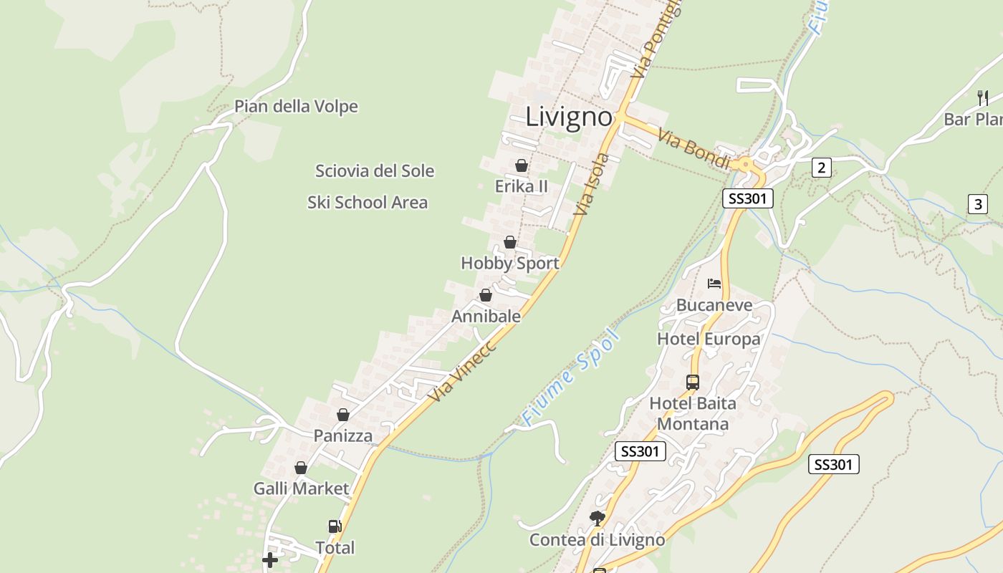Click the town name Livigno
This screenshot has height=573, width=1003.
pyautogui.click(x=569, y=117)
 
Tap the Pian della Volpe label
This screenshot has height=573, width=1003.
pyautogui.click(x=296, y=107)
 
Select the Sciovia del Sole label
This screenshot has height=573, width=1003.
pyautogui.click(x=375, y=171)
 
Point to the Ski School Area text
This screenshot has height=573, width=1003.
pyautogui.click(x=368, y=203)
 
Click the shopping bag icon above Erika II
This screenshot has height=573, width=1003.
pyautogui.click(x=522, y=165)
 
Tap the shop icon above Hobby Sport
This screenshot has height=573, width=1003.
pyautogui.click(x=510, y=242)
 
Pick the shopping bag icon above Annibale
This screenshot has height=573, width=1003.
pyautogui.click(x=486, y=295)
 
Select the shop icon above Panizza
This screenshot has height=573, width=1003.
pyautogui.click(x=343, y=415)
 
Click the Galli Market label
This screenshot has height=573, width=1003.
pyautogui.click(x=301, y=489)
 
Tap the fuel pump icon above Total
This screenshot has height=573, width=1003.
pyautogui.click(x=335, y=526)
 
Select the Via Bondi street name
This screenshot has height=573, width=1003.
pyautogui.click(x=694, y=149)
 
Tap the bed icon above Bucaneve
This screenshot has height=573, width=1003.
pyautogui.click(x=714, y=284)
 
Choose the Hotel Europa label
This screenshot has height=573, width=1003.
pyautogui.click(x=709, y=339)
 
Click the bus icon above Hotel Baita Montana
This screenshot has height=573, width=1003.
pyautogui.click(x=693, y=382)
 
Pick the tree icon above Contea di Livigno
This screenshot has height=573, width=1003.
pyautogui.click(x=597, y=518)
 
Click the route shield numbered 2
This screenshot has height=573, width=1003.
pyautogui.click(x=821, y=168)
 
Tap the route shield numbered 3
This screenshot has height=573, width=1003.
pyautogui.click(x=977, y=204)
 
